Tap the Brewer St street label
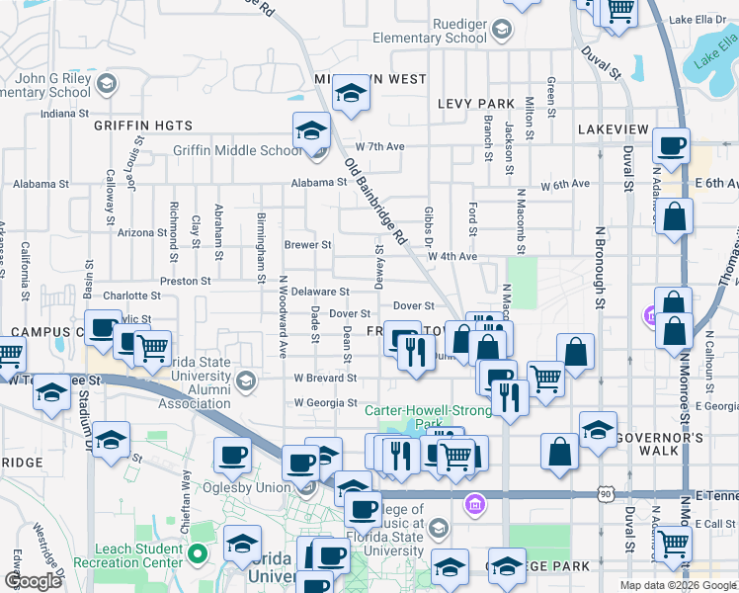(x=307, y=244)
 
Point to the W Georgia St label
(x=325, y=402)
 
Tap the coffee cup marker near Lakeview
(x=671, y=145)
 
